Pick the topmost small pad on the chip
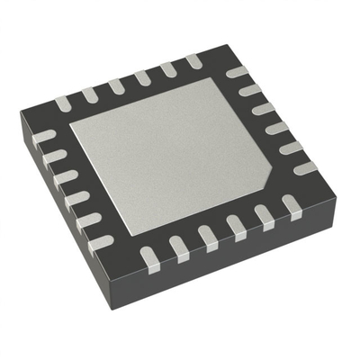[x=193, y=60]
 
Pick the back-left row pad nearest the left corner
[x=62, y=104]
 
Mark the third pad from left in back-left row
[x=116, y=85]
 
